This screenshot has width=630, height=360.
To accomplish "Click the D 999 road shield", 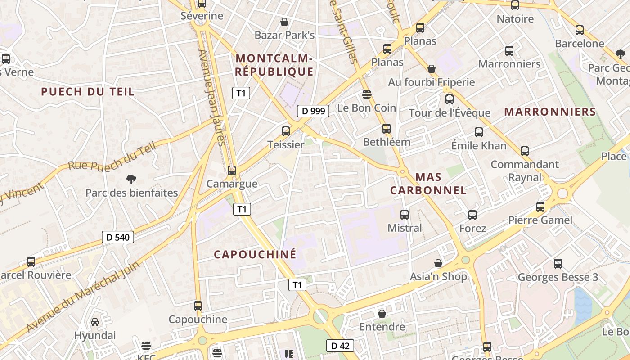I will tap(313, 111).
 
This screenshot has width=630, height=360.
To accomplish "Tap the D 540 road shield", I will tap(118, 237).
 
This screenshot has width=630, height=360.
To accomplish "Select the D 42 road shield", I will tap(340, 346).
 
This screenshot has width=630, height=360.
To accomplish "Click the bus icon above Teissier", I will tap(286, 131).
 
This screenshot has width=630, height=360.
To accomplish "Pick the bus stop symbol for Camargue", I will tap(232, 171).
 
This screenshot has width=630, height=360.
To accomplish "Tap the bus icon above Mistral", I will tap(405, 215).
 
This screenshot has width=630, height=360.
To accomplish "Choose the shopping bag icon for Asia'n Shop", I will tap(438, 263).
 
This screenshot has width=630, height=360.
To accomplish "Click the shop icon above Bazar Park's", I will tap(284, 22).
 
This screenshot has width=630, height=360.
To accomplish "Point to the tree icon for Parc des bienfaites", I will tap(131, 180).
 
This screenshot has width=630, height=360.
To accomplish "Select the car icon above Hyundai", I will tap(95, 322).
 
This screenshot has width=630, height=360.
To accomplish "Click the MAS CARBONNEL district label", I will tap(428, 184).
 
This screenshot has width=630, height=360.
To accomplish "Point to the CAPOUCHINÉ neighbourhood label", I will tap(255, 254).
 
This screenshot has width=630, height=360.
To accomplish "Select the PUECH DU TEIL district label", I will tap(88, 92).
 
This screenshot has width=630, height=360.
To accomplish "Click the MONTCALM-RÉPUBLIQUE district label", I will tap(274, 65).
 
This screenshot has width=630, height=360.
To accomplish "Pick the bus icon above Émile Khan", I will tap(479, 132).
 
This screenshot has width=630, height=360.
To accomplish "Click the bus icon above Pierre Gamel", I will tap(540, 207).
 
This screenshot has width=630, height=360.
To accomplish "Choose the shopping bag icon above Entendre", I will tap(382, 313).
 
